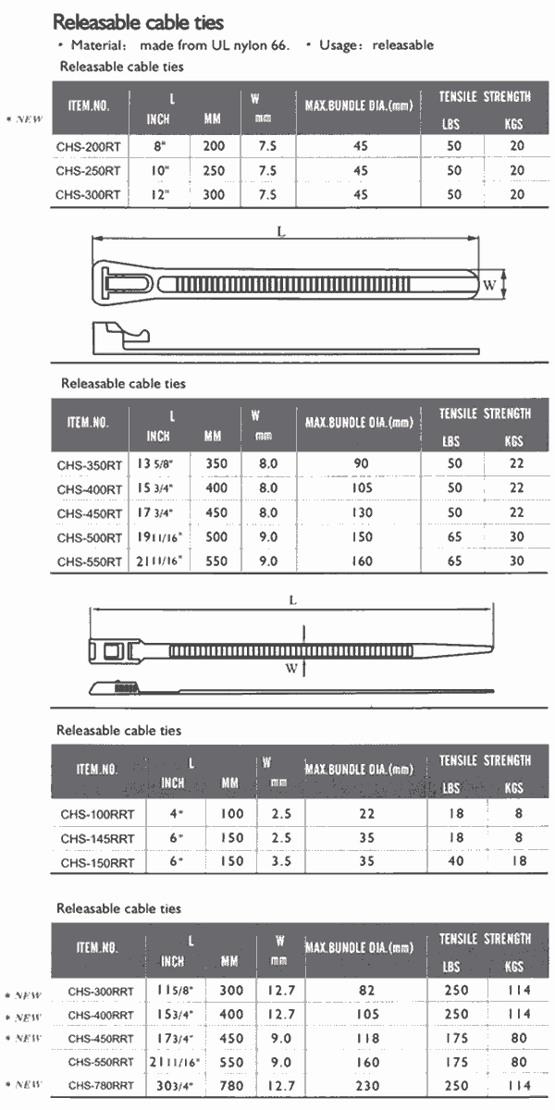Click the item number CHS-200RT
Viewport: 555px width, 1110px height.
coord(88,147)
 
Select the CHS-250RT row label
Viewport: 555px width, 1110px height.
coord(88,171)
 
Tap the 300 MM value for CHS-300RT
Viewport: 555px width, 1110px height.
coord(214,195)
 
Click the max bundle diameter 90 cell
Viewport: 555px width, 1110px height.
coord(362,463)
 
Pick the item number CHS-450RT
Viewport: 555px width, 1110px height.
coord(90,513)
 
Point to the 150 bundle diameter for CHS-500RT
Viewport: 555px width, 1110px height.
coord(363,536)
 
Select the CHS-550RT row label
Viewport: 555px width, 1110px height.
coord(90,561)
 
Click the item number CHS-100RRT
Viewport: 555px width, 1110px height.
coord(98,814)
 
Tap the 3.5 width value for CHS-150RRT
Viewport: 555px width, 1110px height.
coord(281,861)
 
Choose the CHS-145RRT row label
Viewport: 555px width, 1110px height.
coord(98,838)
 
